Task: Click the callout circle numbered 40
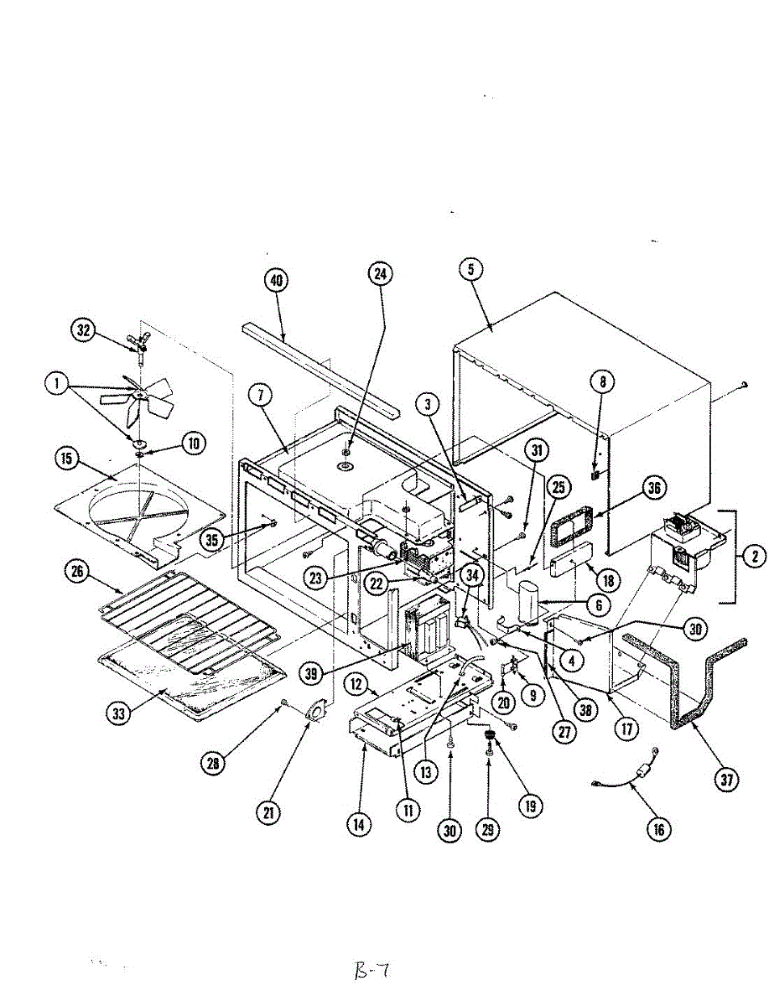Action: coord(275,281)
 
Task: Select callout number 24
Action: coord(382,273)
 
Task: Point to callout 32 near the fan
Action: coord(84,330)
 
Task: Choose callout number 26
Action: coord(77,572)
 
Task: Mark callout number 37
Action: coord(726,779)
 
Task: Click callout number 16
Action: coord(658,829)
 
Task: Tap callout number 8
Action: coord(602,383)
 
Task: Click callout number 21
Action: coord(269,811)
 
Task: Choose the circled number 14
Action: coord(360,824)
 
